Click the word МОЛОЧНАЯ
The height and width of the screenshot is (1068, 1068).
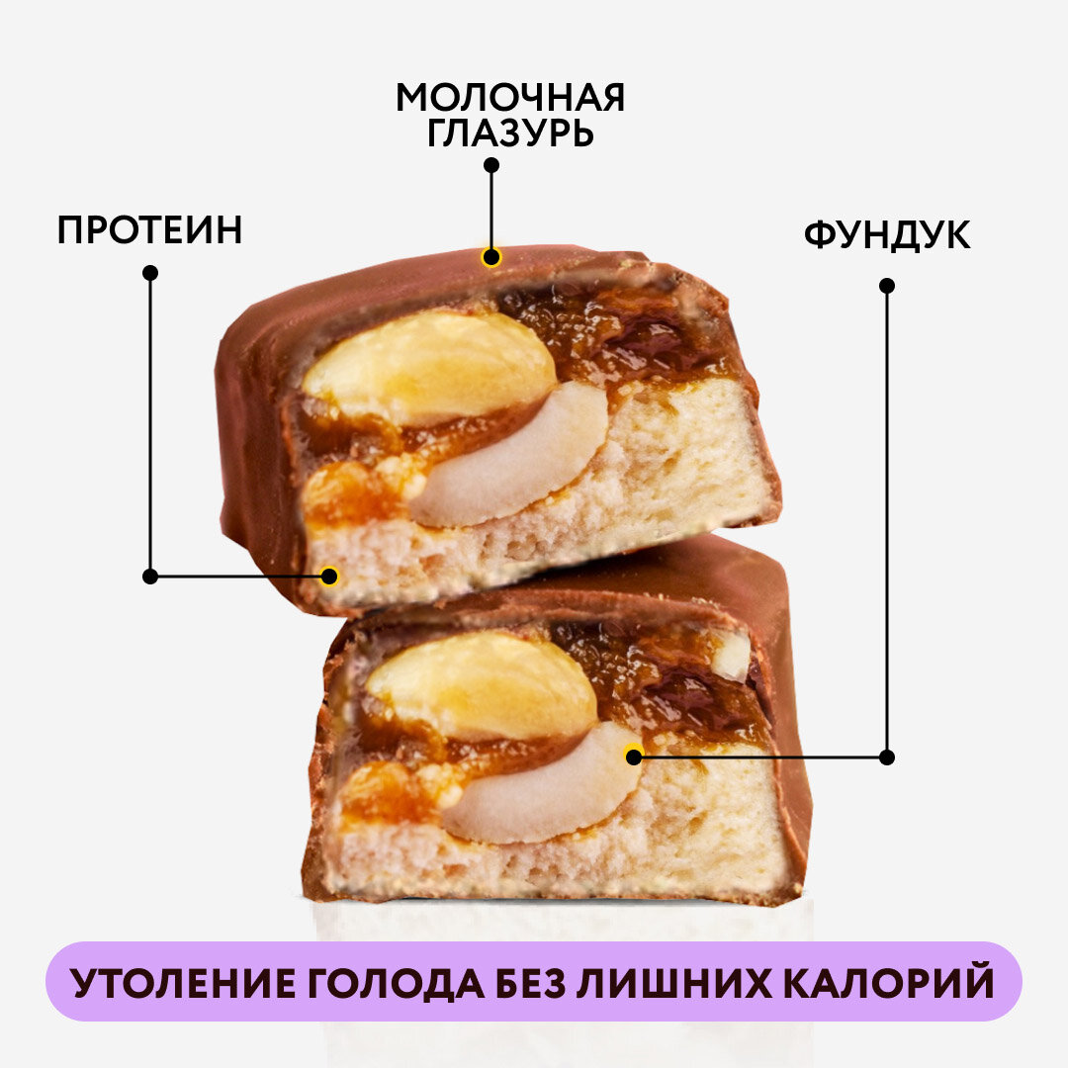coord(510,98)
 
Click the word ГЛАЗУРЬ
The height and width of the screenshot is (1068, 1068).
coord(510,133)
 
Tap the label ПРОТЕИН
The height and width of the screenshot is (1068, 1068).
coord(149,230)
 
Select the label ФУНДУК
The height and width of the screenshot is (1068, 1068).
coord(886,235)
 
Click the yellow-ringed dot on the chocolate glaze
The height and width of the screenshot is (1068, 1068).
coord(490,258)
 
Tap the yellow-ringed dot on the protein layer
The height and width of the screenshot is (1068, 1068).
coord(329,576)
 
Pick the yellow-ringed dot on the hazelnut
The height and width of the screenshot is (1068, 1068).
coord(634,756)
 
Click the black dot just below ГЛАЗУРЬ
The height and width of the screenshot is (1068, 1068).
coord(490,165)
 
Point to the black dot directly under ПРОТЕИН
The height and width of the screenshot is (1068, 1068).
coord(150,272)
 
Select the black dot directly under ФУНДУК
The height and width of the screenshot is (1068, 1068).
coord(886,285)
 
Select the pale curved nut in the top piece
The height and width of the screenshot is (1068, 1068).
coord(524,460)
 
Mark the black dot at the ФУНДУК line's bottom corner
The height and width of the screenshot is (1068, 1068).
coord(886,757)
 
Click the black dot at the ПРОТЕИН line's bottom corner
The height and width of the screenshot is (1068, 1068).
coord(150,576)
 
